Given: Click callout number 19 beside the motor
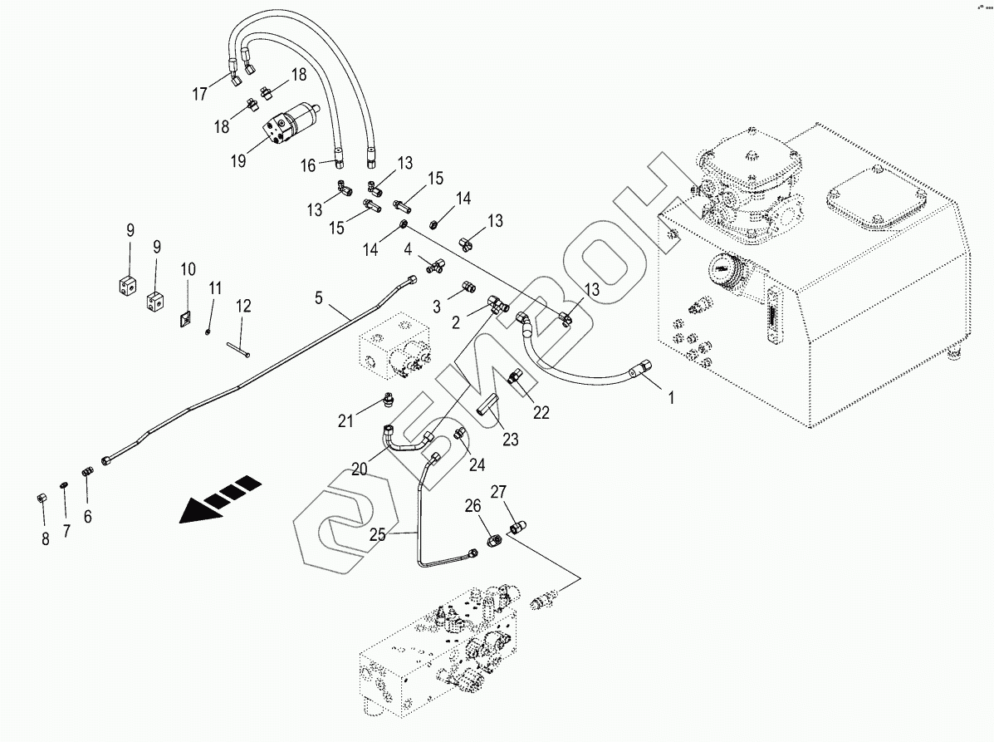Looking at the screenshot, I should tap(238, 160).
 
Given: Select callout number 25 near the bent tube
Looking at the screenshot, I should tap(378, 536).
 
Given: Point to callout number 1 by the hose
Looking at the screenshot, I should tap(671, 398).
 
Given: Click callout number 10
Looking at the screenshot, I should tap(189, 269).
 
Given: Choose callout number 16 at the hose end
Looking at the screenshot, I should tap(308, 165).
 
